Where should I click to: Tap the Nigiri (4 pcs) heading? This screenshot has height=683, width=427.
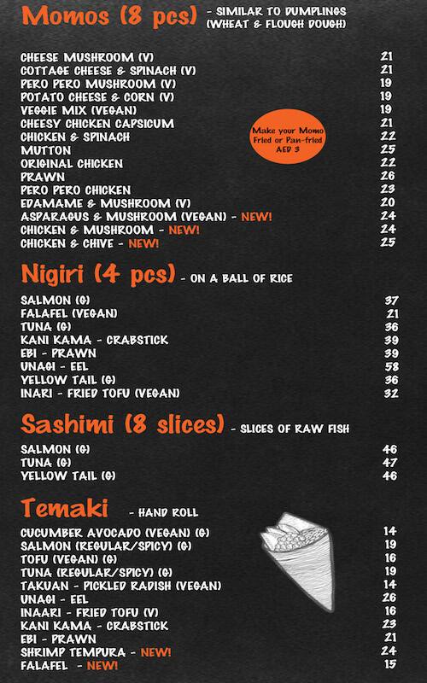(98, 276)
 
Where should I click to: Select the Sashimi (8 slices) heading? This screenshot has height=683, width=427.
(122, 424)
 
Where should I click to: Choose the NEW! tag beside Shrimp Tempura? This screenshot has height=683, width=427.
(155, 652)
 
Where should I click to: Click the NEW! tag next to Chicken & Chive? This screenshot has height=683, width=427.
(143, 243)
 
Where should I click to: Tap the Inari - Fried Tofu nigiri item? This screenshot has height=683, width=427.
(100, 394)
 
